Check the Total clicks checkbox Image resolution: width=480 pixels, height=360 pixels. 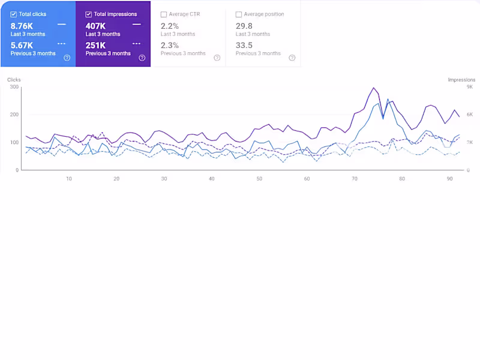point(14,14)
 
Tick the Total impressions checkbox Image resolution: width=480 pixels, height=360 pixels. point(89,14)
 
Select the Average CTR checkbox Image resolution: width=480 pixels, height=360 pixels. point(164,14)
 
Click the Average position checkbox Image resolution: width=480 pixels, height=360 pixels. point(239,14)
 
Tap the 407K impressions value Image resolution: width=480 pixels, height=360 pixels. point(95,26)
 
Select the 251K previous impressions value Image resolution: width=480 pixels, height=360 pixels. point(95,45)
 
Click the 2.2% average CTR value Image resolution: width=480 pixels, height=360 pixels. point(170,26)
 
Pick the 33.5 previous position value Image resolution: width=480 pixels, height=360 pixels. point(244,45)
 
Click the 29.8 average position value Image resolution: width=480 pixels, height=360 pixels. point(244,26)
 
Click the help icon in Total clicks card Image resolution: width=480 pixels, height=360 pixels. point(67,58)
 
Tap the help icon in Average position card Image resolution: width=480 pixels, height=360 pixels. point(292,58)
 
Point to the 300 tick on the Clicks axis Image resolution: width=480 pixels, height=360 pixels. point(14,87)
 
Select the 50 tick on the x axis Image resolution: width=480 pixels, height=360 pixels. point(259,179)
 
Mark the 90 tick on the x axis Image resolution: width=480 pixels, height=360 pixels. point(450,179)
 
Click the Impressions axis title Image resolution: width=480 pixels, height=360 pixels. point(461,79)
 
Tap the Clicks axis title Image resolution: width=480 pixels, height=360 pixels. point(14,79)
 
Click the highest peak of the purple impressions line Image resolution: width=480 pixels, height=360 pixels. point(374,88)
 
